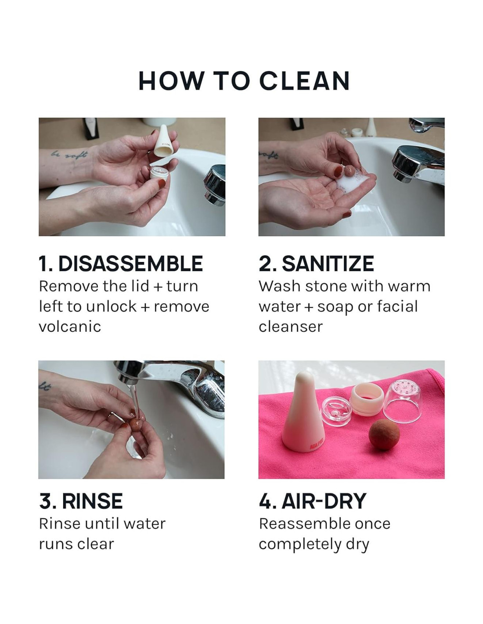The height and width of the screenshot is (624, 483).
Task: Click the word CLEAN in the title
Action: pyautogui.click(x=305, y=81)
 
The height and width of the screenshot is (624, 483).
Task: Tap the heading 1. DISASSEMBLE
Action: pyautogui.click(x=121, y=263)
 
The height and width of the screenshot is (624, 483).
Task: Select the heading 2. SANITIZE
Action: pyautogui.click(x=316, y=263)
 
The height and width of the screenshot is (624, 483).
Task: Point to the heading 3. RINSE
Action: pyautogui.click(x=81, y=501)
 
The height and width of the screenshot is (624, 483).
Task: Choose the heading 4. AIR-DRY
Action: pyautogui.click(x=312, y=501)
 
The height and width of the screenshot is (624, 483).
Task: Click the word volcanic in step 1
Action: pyautogui.click(x=70, y=326)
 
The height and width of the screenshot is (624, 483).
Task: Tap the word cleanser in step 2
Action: pyautogui.click(x=291, y=326)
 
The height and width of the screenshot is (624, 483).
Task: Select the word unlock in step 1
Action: pyautogui.click(x=111, y=306)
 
